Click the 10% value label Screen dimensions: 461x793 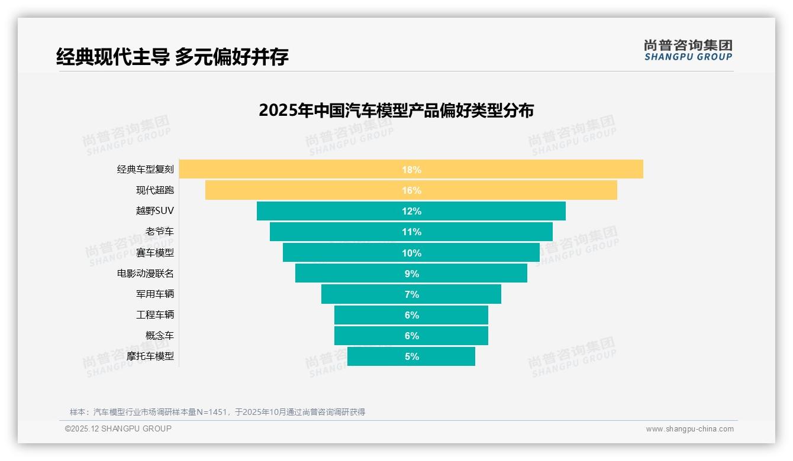(411, 253)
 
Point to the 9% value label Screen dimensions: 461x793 (411, 274)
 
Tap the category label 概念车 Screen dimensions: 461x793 (160, 336)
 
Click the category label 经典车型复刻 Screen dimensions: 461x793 (146, 170)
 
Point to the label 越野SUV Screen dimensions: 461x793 (155, 211)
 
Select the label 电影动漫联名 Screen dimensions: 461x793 (146, 274)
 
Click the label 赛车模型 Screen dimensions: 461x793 (155, 253)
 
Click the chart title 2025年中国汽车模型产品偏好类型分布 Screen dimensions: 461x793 (396, 111)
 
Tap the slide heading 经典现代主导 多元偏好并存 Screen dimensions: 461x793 (172, 57)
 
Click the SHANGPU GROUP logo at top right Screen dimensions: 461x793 (688, 50)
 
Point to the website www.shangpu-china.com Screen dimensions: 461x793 (689, 429)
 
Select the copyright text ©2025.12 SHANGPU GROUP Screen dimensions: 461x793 (118, 429)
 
